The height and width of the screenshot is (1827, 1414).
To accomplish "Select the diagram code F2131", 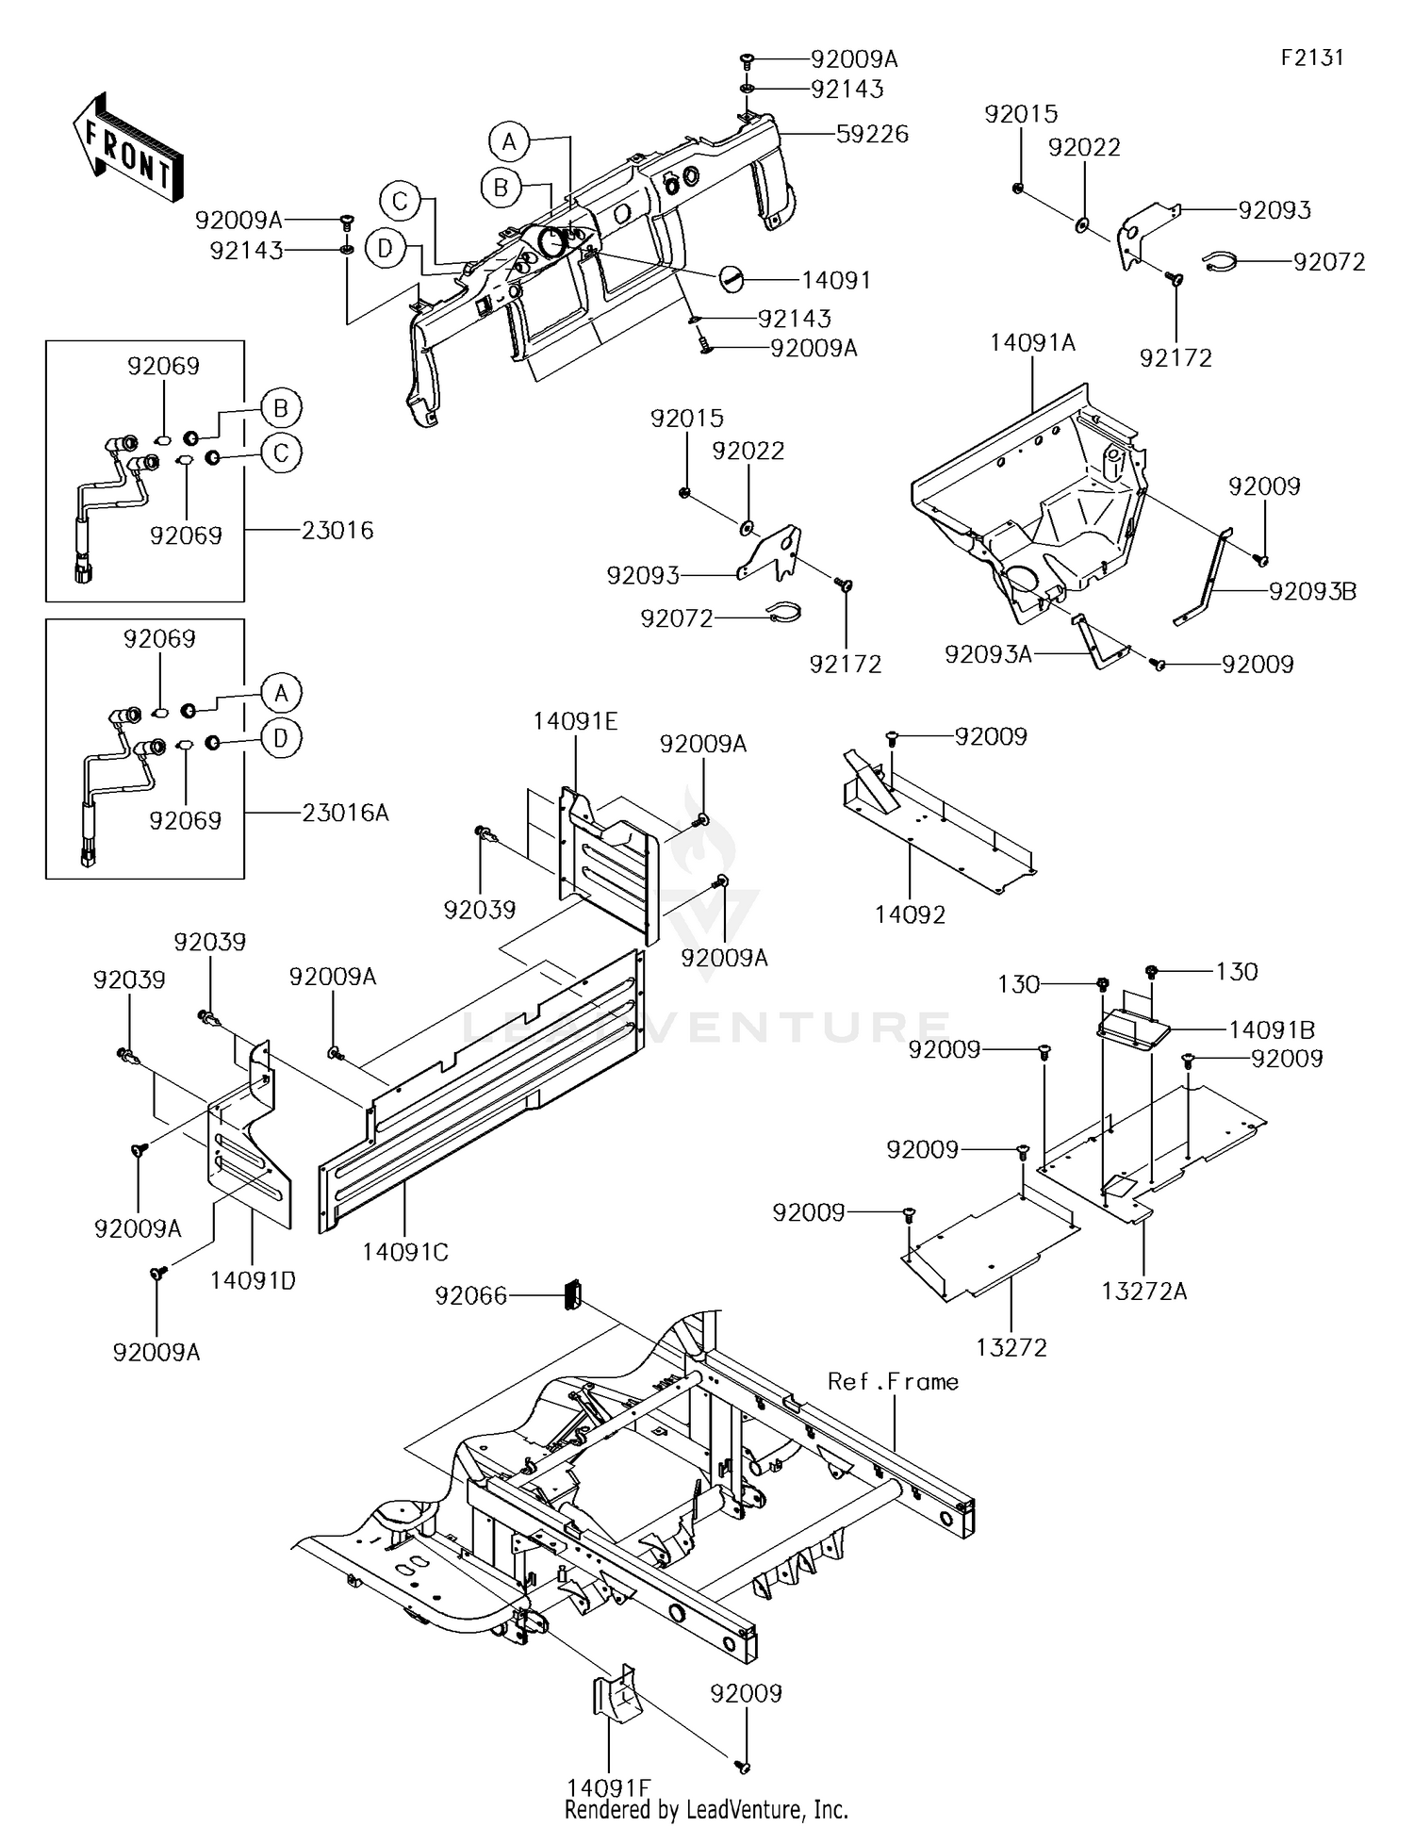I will pos(1311,58).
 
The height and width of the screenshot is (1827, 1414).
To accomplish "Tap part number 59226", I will pos(872,135).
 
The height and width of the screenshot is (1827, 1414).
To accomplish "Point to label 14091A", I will pos(1032,343).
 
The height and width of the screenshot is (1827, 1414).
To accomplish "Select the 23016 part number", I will pos(337,531).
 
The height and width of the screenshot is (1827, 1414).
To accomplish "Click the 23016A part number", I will pos(345,813).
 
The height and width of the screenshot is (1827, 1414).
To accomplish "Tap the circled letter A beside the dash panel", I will pos(509,142).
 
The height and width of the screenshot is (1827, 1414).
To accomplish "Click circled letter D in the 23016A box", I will pos(281,738).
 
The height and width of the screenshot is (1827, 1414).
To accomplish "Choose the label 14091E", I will pos(575,722).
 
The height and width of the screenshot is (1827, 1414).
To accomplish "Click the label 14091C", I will pos(405,1252).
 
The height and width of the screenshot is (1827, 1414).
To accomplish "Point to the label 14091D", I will pos(253,1280).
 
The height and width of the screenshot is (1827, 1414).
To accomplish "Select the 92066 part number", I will pos(470,1296).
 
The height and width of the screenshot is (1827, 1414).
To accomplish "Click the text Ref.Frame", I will pos(893,1382).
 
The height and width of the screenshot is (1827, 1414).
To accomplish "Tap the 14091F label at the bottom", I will pos(609,1787).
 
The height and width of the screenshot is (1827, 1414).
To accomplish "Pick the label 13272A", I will pos(1143,1292).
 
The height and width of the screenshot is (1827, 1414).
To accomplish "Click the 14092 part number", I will pos(910,914).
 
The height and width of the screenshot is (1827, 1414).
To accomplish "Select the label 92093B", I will pos(1312,591).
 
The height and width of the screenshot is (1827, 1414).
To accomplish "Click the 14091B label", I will pos(1272,1030).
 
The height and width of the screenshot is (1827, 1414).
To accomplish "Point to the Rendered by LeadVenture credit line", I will pos(706,1810).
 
